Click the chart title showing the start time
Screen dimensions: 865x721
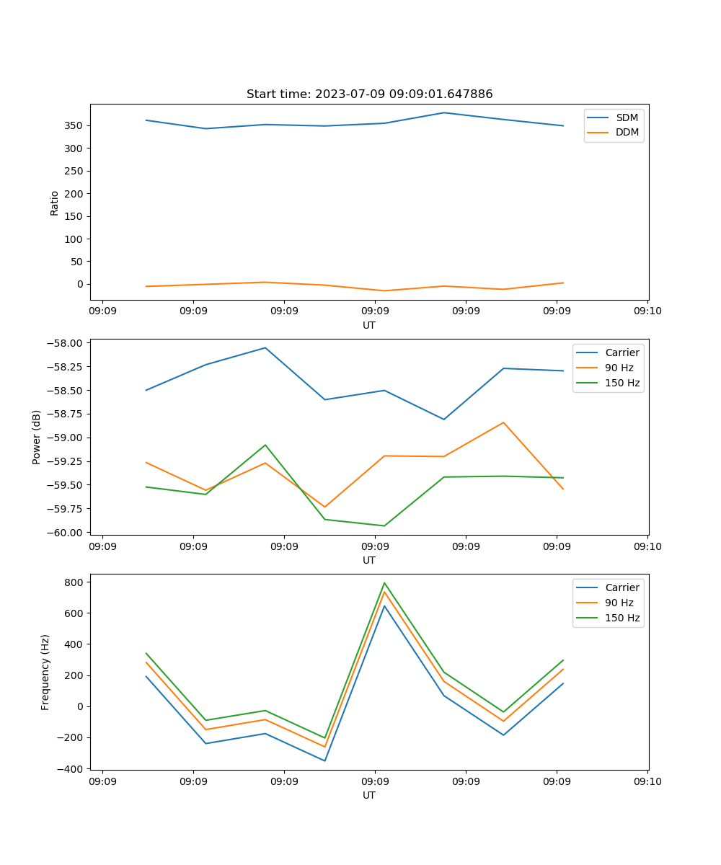click(x=369, y=94)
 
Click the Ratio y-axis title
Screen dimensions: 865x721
click(x=55, y=203)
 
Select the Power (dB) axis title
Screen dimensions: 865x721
click(x=37, y=437)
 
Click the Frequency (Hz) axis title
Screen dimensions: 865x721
click(x=45, y=672)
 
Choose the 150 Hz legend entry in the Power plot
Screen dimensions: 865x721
click(x=622, y=383)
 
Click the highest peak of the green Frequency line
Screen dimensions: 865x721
click(x=384, y=582)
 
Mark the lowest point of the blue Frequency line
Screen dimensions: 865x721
click(x=324, y=760)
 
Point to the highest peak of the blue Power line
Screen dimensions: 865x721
click(x=265, y=347)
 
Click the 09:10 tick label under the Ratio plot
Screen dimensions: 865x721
click(x=647, y=312)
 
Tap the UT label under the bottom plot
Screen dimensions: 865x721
click(x=369, y=795)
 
